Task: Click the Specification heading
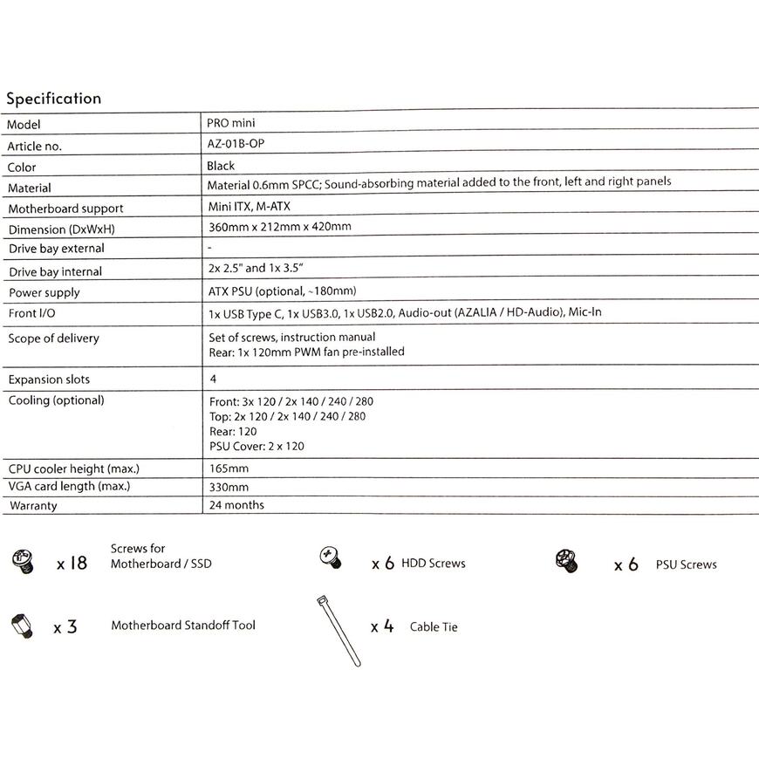(x=54, y=99)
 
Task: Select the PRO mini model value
(x=231, y=124)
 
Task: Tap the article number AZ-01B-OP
(x=235, y=145)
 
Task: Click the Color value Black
(x=221, y=166)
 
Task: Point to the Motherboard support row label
(x=65, y=209)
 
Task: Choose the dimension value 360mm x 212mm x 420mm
(x=279, y=227)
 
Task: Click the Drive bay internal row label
(x=55, y=272)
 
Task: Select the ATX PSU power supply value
(x=282, y=291)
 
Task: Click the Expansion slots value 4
(x=213, y=379)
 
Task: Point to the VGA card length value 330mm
(x=229, y=487)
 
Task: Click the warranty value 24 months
(x=236, y=505)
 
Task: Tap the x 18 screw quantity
(x=72, y=564)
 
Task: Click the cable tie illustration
(x=338, y=630)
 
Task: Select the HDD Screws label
(x=434, y=564)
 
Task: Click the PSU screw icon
(x=566, y=561)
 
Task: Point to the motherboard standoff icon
(x=21, y=626)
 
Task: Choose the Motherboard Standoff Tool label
(x=183, y=626)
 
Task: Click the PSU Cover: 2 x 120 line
(x=256, y=447)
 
